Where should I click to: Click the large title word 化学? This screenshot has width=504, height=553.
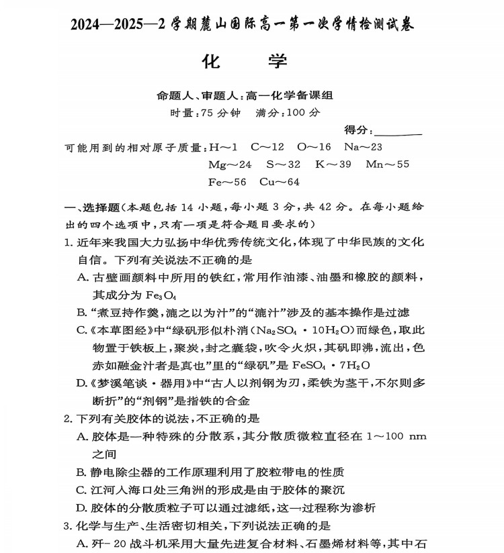click(x=245, y=62)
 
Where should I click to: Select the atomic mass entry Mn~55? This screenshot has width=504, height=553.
click(x=388, y=164)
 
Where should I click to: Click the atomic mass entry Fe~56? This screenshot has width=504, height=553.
click(x=227, y=182)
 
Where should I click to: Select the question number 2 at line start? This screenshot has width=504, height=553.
click(x=67, y=419)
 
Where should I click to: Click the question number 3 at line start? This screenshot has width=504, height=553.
click(x=67, y=525)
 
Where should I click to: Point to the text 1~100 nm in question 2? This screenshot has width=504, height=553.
click(x=396, y=436)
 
